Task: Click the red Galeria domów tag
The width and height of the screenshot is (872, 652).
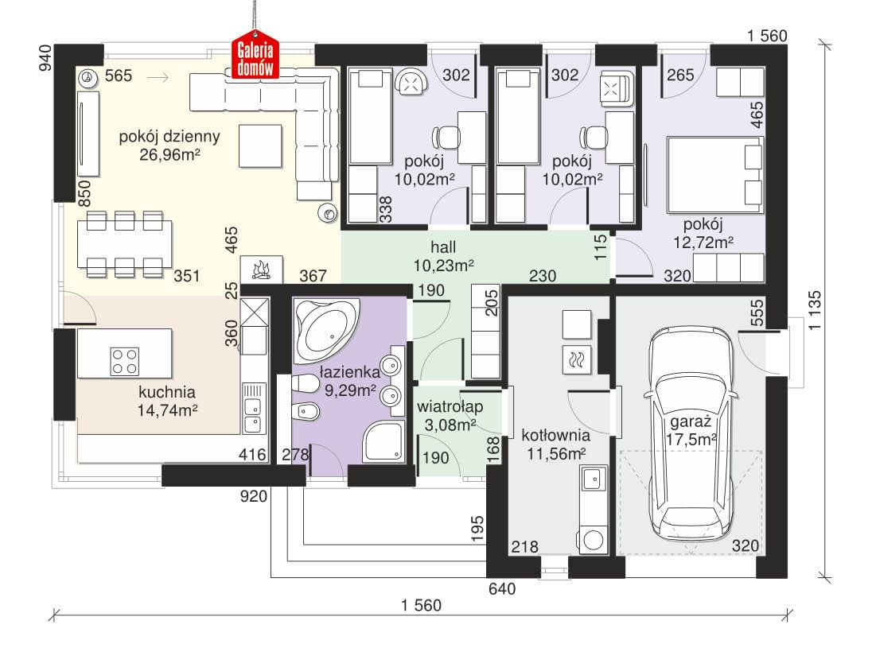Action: pyautogui.click(x=255, y=59)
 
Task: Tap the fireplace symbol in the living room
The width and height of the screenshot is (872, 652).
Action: pyautogui.click(x=262, y=270)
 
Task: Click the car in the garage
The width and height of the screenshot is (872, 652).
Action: pyautogui.click(x=691, y=433)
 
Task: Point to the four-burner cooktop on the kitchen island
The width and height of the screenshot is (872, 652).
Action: pyautogui.click(x=125, y=361)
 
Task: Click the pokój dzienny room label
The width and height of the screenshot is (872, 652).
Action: pyautogui.click(x=169, y=137)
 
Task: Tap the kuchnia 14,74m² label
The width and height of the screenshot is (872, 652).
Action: pyautogui.click(x=167, y=402)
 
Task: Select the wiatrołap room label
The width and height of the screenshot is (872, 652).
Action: pyautogui.click(x=450, y=406)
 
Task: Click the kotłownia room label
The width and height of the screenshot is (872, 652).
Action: pyautogui.click(x=555, y=435)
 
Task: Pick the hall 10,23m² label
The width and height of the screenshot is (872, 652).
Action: pyautogui.click(x=443, y=256)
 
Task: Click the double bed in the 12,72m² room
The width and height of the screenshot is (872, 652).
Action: pyautogui.click(x=714, y=175)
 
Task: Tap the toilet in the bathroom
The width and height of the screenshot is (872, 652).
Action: pyautogui.click(x=304, y=383)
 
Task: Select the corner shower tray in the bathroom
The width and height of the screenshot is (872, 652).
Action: pyautogui.click(x=383, y=440)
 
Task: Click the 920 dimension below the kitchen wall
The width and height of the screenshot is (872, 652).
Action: pyautogui.click(x=254, y=496)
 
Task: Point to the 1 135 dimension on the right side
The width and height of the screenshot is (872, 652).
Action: pyautogui.click(x=815, y=311)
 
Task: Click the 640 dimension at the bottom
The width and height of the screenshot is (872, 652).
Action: pyautogui.click(x=501, y=588)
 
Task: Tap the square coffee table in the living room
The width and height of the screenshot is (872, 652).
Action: pyautogui.click(x=260, y=146)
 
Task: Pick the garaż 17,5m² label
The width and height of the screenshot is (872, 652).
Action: pyautogui.click(x=691, y=430)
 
